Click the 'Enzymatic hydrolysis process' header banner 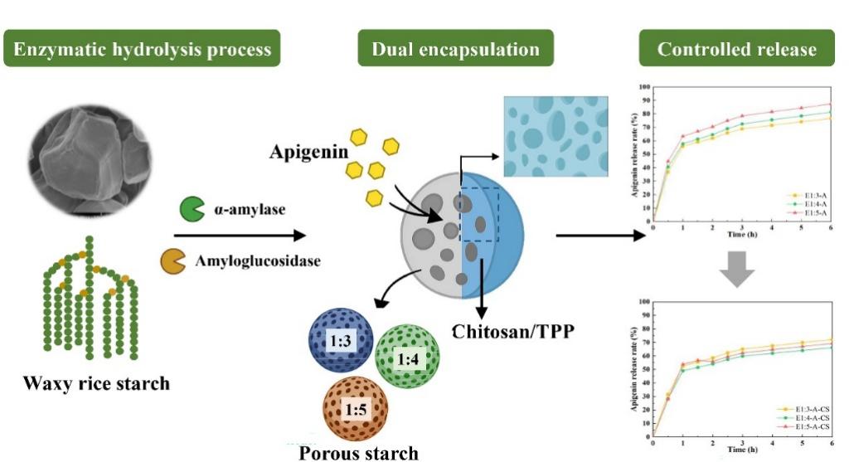click(142, 50)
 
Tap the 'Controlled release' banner click(736, 50)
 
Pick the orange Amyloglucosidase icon click(172, 260)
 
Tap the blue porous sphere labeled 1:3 click(338, 341)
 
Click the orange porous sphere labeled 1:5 click(357, 409)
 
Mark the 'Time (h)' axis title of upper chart click(740, 236)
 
